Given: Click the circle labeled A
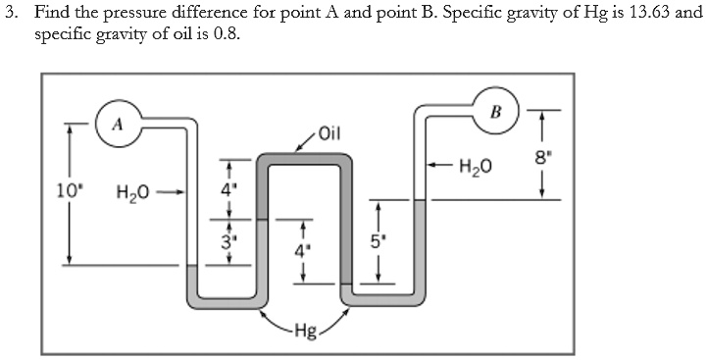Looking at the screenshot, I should [117, 124].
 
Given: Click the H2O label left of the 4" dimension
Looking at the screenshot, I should [132, 192].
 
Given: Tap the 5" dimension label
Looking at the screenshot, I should [374, 237].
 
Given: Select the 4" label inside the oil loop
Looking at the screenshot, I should [302, 249].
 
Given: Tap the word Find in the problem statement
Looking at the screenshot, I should [50, 13].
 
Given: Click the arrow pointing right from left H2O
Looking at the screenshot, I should [172, 192].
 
